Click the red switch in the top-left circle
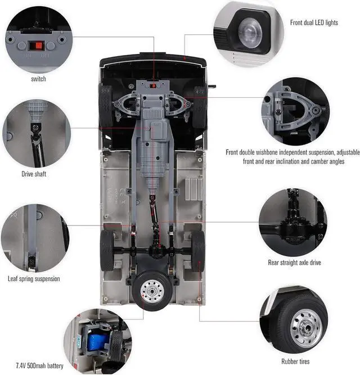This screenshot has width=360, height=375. pos(38,46)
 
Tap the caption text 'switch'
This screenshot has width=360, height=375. pos(39,79)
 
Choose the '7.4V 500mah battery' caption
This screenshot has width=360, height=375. pos(39,366)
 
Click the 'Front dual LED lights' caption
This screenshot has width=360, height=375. pos(314,23)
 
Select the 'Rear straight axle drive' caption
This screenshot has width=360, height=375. pos(294,263)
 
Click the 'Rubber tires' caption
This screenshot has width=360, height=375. pos(295,362)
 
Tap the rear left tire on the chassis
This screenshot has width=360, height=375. pos(107,251)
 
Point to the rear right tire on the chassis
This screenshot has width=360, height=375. pos(197,251)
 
